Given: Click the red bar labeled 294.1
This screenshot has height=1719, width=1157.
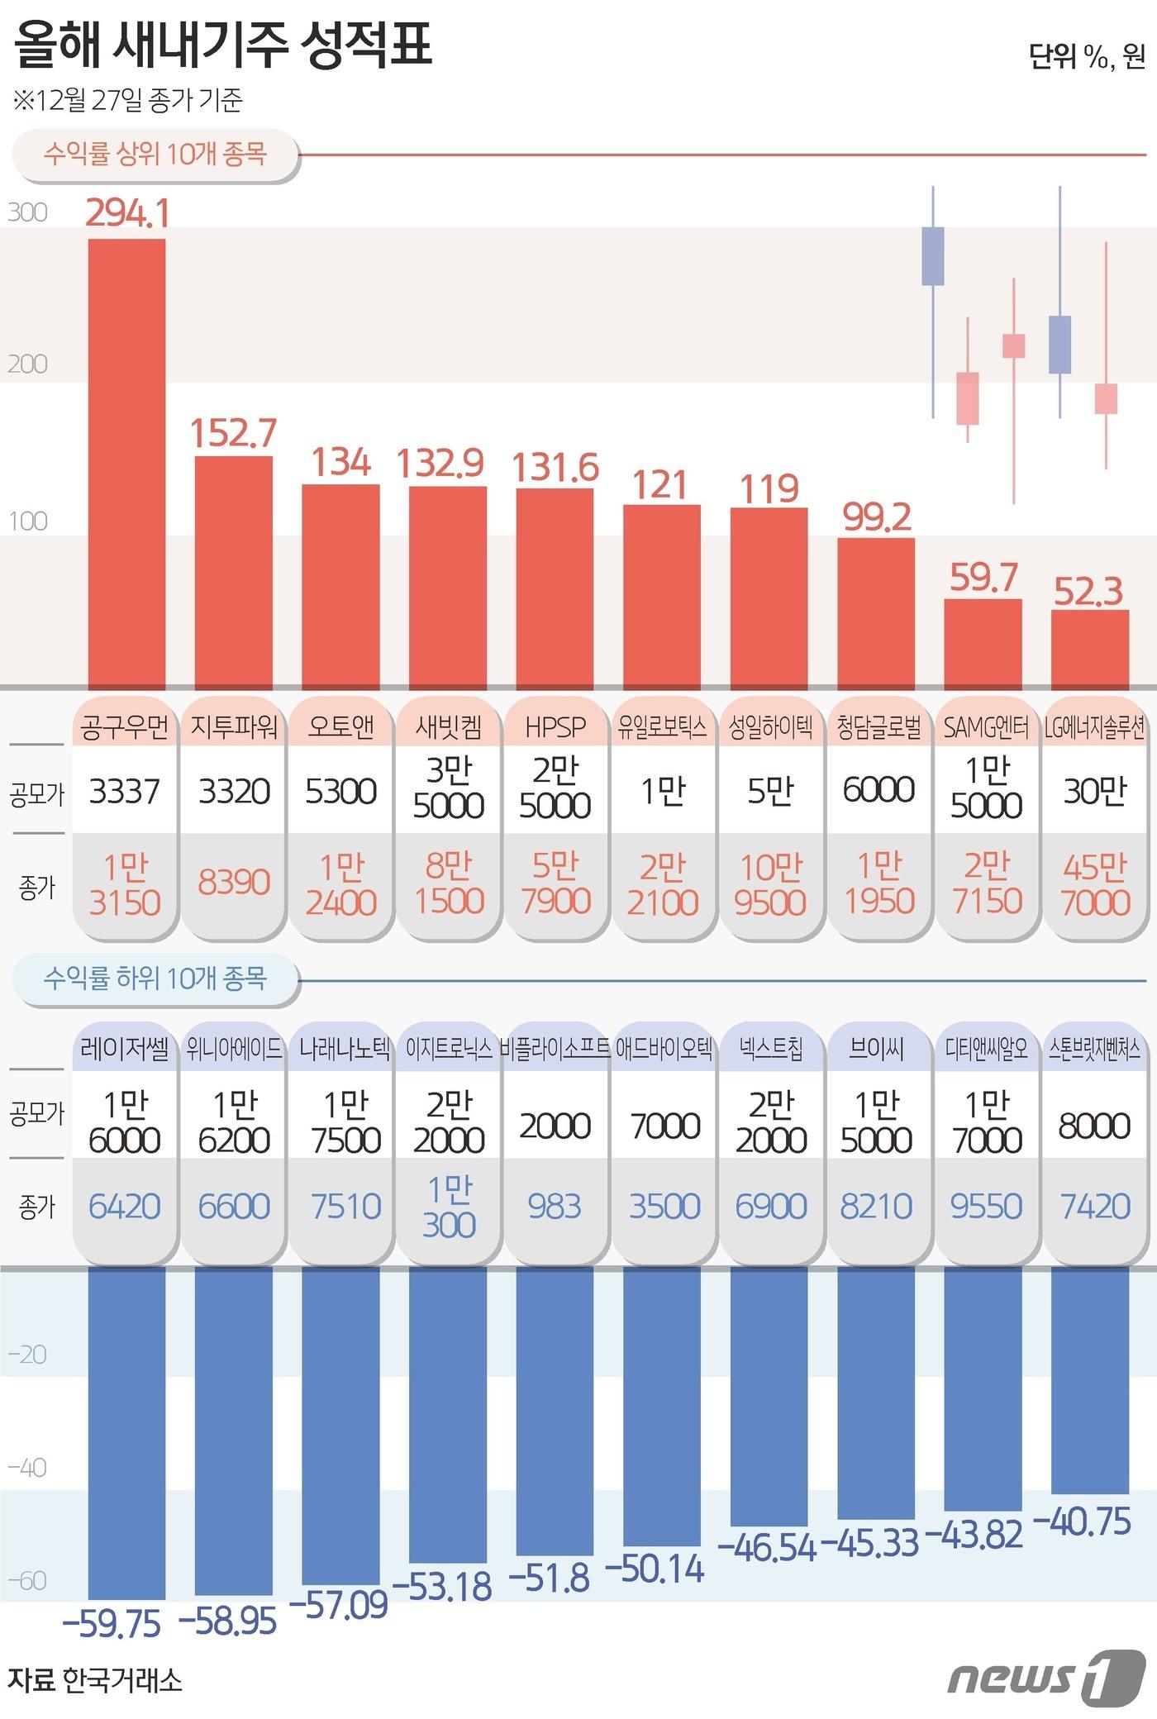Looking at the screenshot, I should click(x=126, y=463).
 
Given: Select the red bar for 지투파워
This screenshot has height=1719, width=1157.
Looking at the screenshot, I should click(x=233, y=572).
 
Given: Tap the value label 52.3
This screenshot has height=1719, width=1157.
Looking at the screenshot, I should click(x=1088, y=592).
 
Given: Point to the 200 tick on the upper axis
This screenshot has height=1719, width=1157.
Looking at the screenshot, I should click(x=27, y=364).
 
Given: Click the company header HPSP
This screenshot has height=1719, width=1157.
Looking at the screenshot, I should click(x=555, y=726).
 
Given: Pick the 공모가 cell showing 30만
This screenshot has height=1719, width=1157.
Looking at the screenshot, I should click(x=1094, y=791).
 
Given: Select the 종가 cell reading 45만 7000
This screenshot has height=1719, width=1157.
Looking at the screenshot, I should click(x=1094, y=884).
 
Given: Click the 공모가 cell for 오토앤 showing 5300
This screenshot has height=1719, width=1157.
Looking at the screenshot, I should click(x=340, y=791).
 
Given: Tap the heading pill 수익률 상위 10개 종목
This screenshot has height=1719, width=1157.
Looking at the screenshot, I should click(x=155, y=154).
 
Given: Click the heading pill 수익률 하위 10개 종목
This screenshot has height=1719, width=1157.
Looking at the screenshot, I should click(x=155, y=979).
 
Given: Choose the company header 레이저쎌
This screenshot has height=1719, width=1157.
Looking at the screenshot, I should click(x=125, y=1050).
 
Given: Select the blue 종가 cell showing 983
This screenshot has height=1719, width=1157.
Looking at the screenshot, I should click(x=555, y=1206).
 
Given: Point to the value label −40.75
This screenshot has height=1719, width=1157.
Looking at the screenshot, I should click(x=1082, y=1521).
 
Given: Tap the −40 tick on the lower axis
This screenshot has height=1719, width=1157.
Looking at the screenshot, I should click(x=27, y=1467).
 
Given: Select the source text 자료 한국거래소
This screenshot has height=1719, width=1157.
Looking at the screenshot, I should click(x=95, y=1680).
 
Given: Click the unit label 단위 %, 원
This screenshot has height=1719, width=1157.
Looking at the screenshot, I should click(x=1086, y=56).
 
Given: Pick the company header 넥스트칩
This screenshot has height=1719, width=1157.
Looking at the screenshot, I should click(x=770, y=1050).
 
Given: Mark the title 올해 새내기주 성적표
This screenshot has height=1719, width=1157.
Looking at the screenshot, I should click(x=223, y=45).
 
